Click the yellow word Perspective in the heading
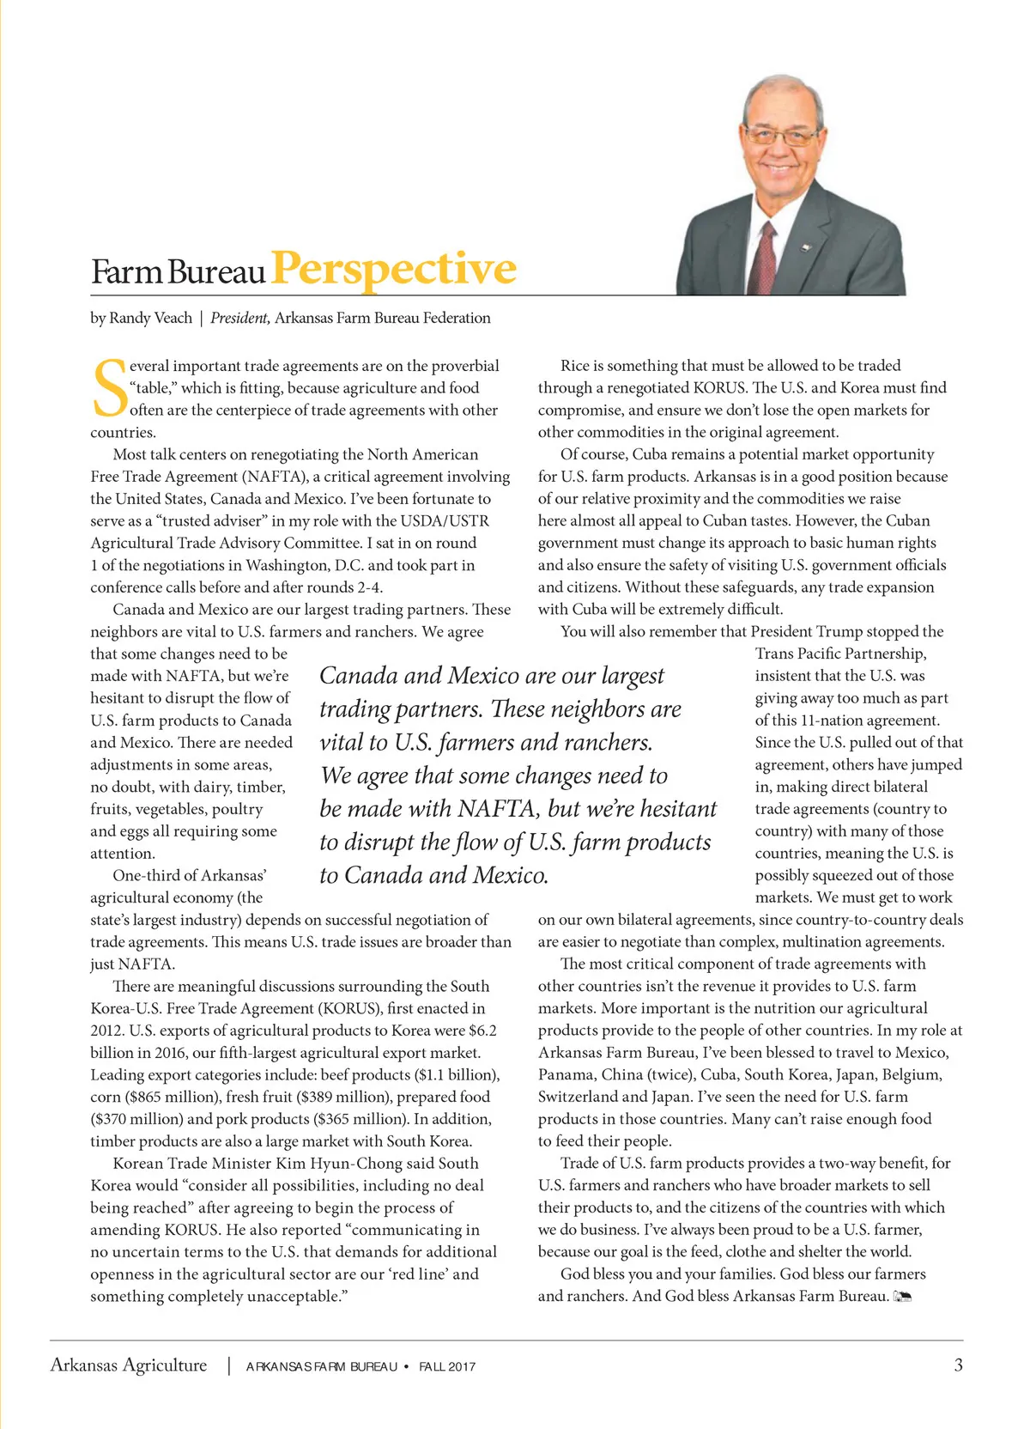pyautogui.click(x=394, y=269)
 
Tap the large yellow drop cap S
pyautogui.click(x=109, y=388)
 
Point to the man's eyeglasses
pyautogui.click(x=780, y=136)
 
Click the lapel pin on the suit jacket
pyautogui.click(x=806, y=248)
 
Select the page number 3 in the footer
pyautogui.click(x=958, y=1365)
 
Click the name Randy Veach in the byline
pyautogui.click(x=151, y=318)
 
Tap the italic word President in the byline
pyautogui.click(x=239, y=318)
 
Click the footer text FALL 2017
pyautogui.click(x=447, y=1366)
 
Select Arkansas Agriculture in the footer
pyautogui.click(x=129, y=1365)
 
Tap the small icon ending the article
pyautogui.click(x=902, y=1296)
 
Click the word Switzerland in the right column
pyautogui.click(x=578, y=1097)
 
